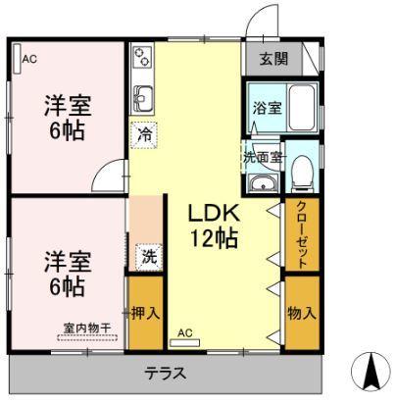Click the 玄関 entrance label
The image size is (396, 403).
pos(273,59)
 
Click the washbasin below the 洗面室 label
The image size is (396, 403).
pos(259,184)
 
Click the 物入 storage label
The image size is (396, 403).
pos(302,314)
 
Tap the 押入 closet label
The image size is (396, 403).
pos(146,314)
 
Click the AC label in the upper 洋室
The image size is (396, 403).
pos(29,60)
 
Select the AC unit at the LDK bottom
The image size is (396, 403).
pos(184,340)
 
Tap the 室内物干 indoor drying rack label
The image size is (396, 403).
pos(85,328)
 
